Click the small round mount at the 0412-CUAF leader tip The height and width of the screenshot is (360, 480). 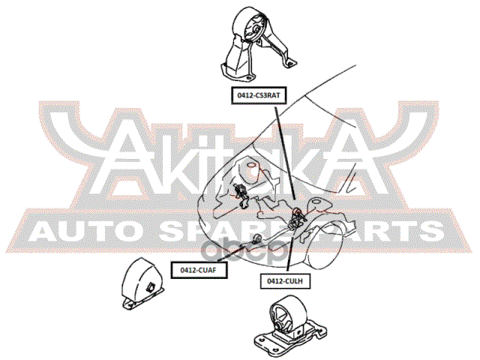tap(257, 238)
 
